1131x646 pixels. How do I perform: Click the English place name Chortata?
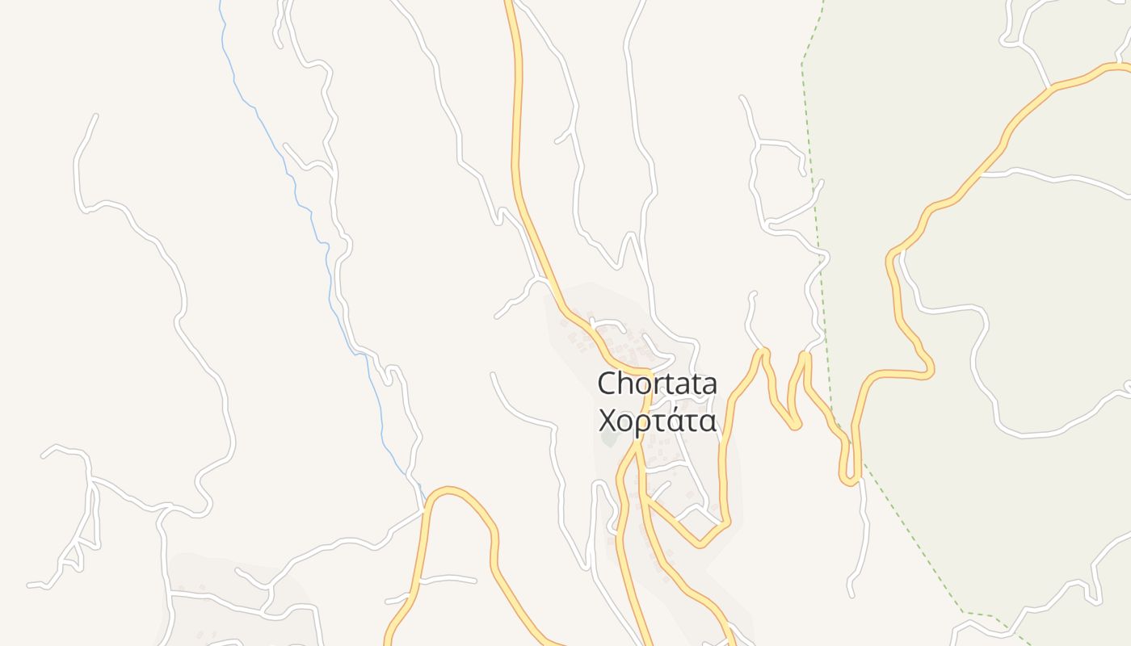point(657,384)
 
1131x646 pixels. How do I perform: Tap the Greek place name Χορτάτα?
point(657,421)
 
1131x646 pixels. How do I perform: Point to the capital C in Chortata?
point(608,384)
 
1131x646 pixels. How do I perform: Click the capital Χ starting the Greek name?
point(607,421)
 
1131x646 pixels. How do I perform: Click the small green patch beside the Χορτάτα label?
point(608,440)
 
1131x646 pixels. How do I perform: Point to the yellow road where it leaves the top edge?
point(510,2)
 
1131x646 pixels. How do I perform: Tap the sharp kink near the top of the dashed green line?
point(802,63)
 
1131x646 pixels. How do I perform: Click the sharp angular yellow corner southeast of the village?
point(700,545)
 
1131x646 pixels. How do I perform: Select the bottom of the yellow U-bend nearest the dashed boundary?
point(849,483)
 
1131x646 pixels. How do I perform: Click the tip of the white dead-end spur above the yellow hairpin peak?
point(755,294)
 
